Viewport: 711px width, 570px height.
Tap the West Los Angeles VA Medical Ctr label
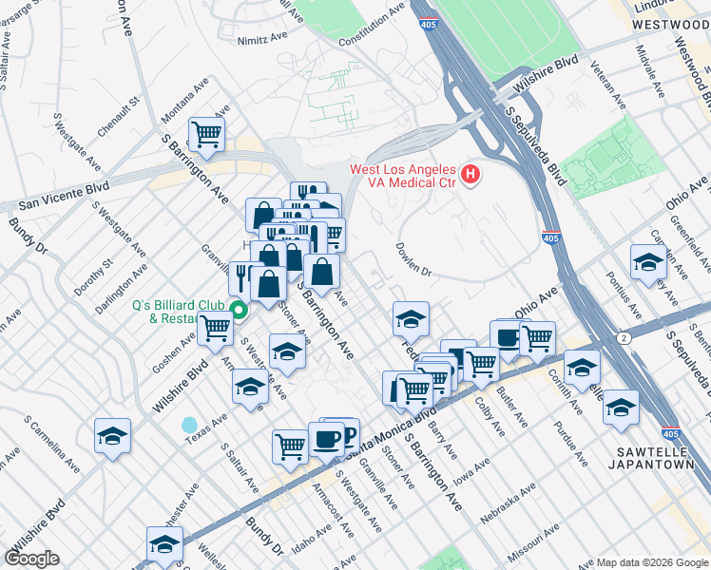point(404,176)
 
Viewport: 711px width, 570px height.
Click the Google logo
point(32,558)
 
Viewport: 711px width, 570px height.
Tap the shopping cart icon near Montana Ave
point(205,134)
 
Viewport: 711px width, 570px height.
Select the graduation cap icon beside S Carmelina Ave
point(113,436)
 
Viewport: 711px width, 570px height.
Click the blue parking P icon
point(348,435)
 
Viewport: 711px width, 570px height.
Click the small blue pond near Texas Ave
point(190,424)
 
